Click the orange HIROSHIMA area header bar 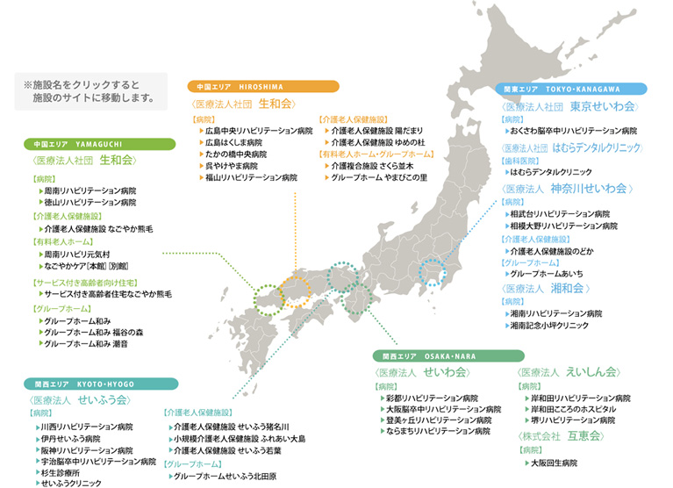(263, 87)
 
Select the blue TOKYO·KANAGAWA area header (571, 90)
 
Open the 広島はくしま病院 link (233, 142)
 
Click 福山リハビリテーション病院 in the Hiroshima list (251, 177)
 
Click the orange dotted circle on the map (296, 286)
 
